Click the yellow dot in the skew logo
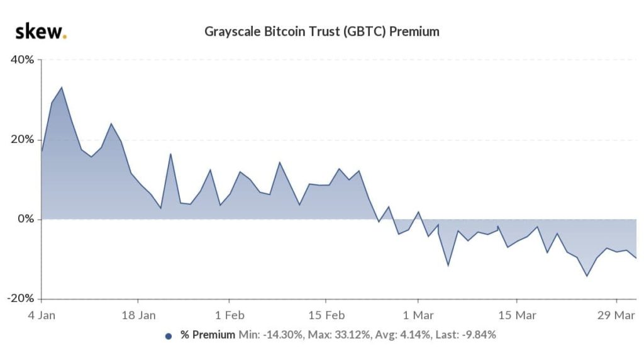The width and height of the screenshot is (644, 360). point(65,37)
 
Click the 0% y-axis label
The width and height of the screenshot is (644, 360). point(27,220)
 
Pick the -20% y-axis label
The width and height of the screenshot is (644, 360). point(22,299)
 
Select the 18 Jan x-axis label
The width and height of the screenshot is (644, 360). point(138,314)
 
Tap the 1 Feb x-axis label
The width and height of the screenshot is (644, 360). point(230,314)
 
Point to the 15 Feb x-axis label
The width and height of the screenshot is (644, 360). point(326,314)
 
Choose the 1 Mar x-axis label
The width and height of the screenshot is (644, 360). point(418,314)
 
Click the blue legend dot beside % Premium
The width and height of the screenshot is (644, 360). point(168,336)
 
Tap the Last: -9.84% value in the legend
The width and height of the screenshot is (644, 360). point(464,335)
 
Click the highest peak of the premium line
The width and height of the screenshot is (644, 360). point(61,87)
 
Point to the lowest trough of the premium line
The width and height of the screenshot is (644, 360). point(587,276)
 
